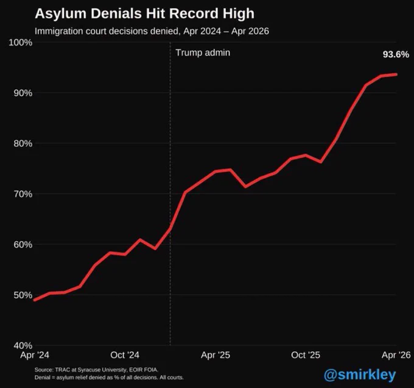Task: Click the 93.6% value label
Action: point(396,54)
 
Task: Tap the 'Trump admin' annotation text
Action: point(203,52)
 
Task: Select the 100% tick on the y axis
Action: point(21,42)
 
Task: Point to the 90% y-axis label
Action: point(23,93)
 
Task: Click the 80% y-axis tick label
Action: point(23,143)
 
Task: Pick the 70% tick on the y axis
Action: point(23,194)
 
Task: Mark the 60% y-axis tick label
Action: point(23,245)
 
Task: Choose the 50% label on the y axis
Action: point(23,295)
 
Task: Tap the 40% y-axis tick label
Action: point(23,345)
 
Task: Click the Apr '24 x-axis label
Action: point(35,355)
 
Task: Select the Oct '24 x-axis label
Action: point(125,355)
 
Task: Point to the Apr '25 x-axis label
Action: point(216,355)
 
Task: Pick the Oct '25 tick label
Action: point(306,355)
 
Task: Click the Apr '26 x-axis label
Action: point(396,355)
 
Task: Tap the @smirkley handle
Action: point(360,375)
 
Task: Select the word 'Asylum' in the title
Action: point(61,14)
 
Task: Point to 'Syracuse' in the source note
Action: point(89,370)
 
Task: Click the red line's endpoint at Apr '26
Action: point(396,74)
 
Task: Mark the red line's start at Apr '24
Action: point(35,300)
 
